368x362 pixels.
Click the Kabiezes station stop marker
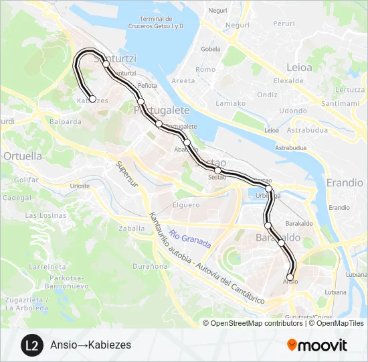click(x=92, y=99)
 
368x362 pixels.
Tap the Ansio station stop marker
click(x=290, y=277)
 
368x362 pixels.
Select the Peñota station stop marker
click(x=141, y=101)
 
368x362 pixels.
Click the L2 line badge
click(x=30, y=345)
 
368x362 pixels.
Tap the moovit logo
click(x=317, y=345)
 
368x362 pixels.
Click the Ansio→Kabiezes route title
click(x=90, y=345)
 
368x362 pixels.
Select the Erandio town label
click(x=345, y=182)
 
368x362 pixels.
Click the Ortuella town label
click(x=23, y=156)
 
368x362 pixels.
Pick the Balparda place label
click(x=66, y=122)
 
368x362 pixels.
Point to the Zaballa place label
click(x=131, y=228)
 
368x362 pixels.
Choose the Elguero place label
click(x=186, y=205)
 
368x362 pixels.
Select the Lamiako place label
click(x=231, y=103)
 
